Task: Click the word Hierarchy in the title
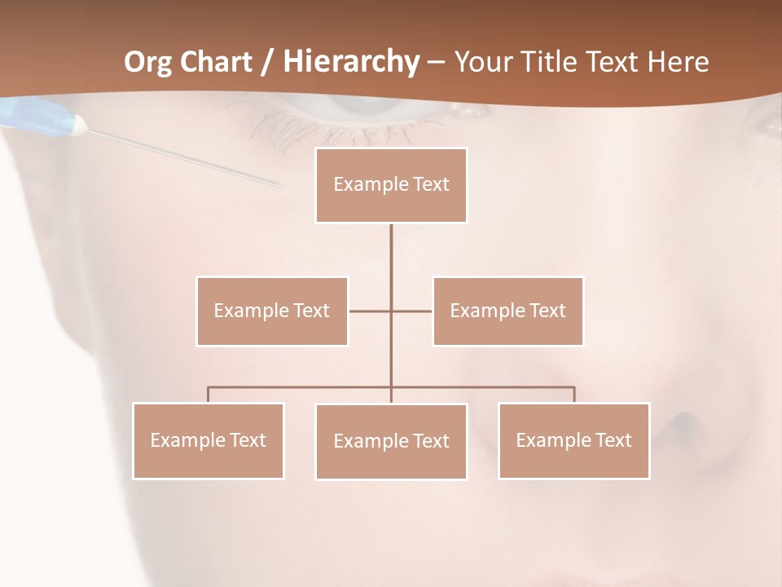351,62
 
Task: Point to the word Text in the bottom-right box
613,440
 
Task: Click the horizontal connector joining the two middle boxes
371,311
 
